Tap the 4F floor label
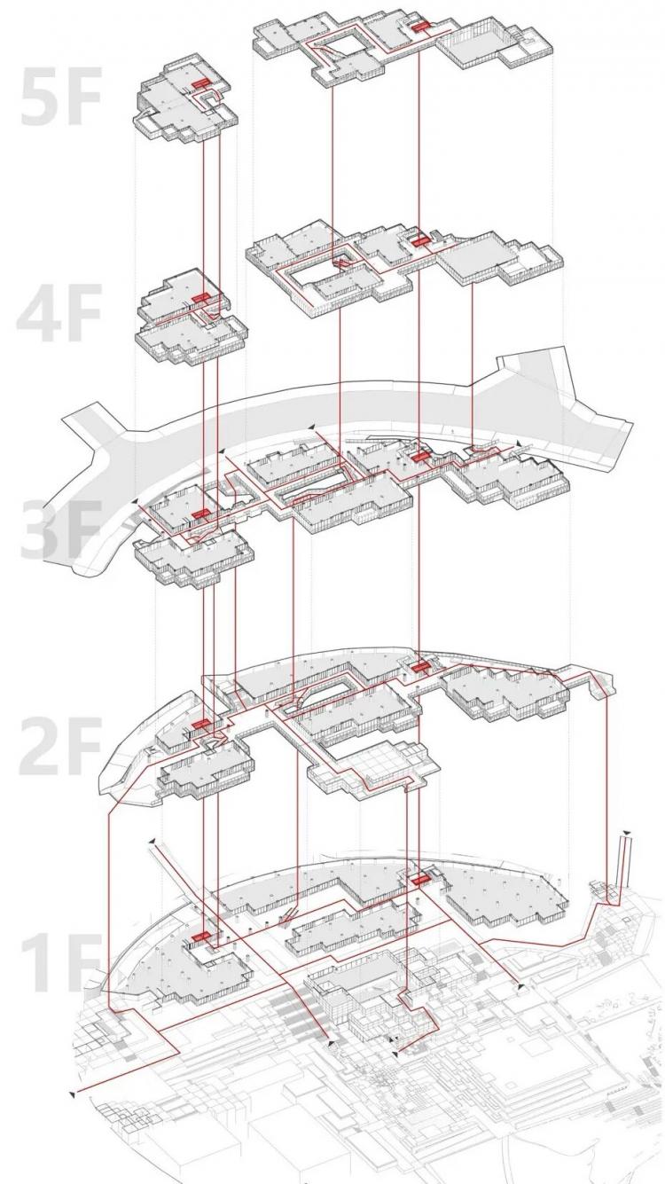click(59, 313)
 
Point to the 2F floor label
click(59, 745)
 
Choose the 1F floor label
click(59, 963)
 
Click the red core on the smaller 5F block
click(199, 83)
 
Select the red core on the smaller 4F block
click(199, 299)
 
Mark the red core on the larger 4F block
click(419, 241)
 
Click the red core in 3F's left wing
click(199, 514)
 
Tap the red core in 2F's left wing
click(199, 724)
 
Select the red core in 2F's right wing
click(419, 668)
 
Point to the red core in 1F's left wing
click(199, 936)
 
